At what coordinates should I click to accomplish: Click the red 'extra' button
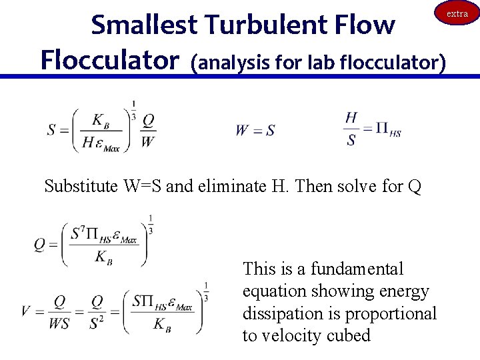[457, 13]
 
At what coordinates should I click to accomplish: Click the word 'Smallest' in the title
[144, 25]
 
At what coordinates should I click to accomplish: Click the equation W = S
[255, 131]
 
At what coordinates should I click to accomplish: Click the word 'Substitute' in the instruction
[81, 186]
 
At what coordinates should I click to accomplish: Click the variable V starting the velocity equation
[25, 311]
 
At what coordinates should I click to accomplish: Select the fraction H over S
[351, 129]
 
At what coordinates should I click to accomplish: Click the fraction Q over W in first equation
[148, 130]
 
